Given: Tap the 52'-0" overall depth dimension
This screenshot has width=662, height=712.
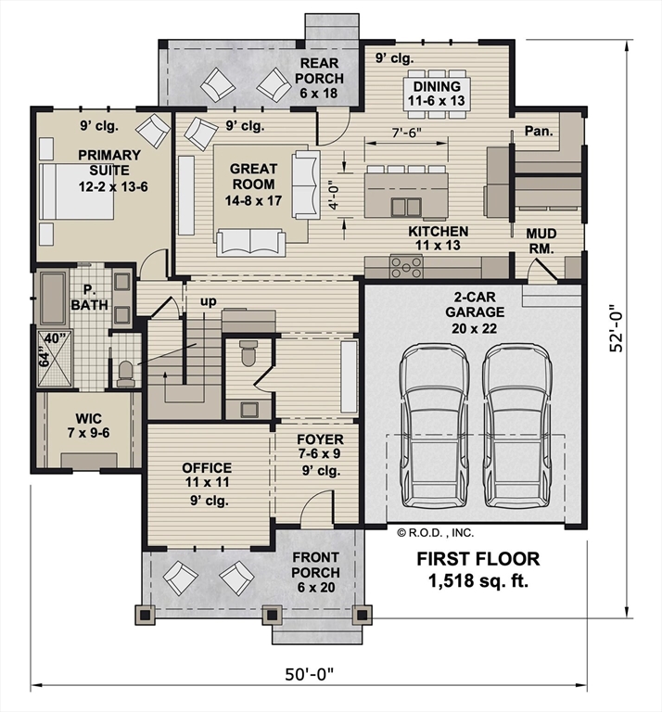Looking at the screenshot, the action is [x=617, y=327].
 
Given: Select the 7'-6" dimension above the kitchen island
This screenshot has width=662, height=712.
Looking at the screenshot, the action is [x=406, y=133].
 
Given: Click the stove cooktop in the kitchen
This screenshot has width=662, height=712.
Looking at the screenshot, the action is [x=406, y=267].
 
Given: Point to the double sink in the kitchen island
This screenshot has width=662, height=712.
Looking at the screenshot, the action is [x=406, y=207].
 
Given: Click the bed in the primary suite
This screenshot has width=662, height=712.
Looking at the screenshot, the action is [x=76, y=192].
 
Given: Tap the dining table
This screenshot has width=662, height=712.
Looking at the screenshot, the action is [x=437, y=94].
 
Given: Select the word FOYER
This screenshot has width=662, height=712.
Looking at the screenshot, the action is [x=320, y=439].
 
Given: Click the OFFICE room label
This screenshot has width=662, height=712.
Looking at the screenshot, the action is [x=207, y=467].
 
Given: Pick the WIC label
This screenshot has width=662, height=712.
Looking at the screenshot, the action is [x=88, y=418].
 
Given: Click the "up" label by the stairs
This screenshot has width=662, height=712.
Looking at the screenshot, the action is [x=209, y=301].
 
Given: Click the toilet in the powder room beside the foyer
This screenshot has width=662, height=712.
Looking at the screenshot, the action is [x=248, y=353].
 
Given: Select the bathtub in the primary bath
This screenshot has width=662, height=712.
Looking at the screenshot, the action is [x=53, y=298].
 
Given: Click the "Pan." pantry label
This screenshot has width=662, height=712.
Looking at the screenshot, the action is [x=539, y=132].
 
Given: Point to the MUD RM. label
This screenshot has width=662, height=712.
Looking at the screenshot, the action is [x=541, y=241].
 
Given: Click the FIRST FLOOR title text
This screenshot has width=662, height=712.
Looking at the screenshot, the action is [x=478, y=559].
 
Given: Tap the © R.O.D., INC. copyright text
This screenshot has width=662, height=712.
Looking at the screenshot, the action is [x=436, y=533].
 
